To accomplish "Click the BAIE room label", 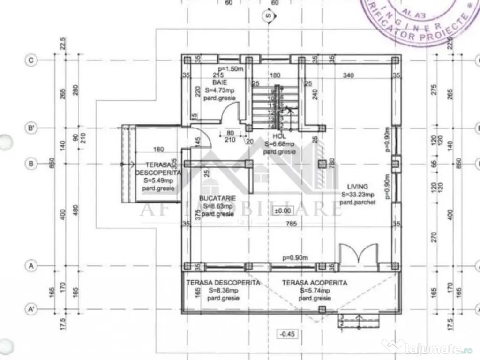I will pyautogui.click(x=216, y=82).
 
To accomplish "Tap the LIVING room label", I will pyautogui.click(x=358, y=186).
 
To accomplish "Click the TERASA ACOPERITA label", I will pyautogui.click(x=315, y=283).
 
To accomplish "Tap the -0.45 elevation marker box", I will pyautogui.click(x=286, y=334).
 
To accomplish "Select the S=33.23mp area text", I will pyautogui.click(x=358, y=195).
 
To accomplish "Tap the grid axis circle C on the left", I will pyautogui.click(x=31, y=60).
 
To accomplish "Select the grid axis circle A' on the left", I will pyautogui.click(x=31, y=310).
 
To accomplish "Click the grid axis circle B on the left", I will pyautogui.click(x=31, y=164).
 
